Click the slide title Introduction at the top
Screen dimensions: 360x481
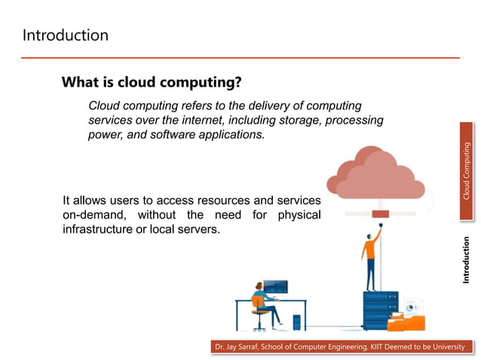point(65,35)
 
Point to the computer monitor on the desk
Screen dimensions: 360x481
point(274,287)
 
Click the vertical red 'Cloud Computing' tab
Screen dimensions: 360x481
point(466,172)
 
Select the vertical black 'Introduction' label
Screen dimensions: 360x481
point(466,260)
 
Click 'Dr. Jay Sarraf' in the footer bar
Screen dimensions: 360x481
point(237,346)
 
